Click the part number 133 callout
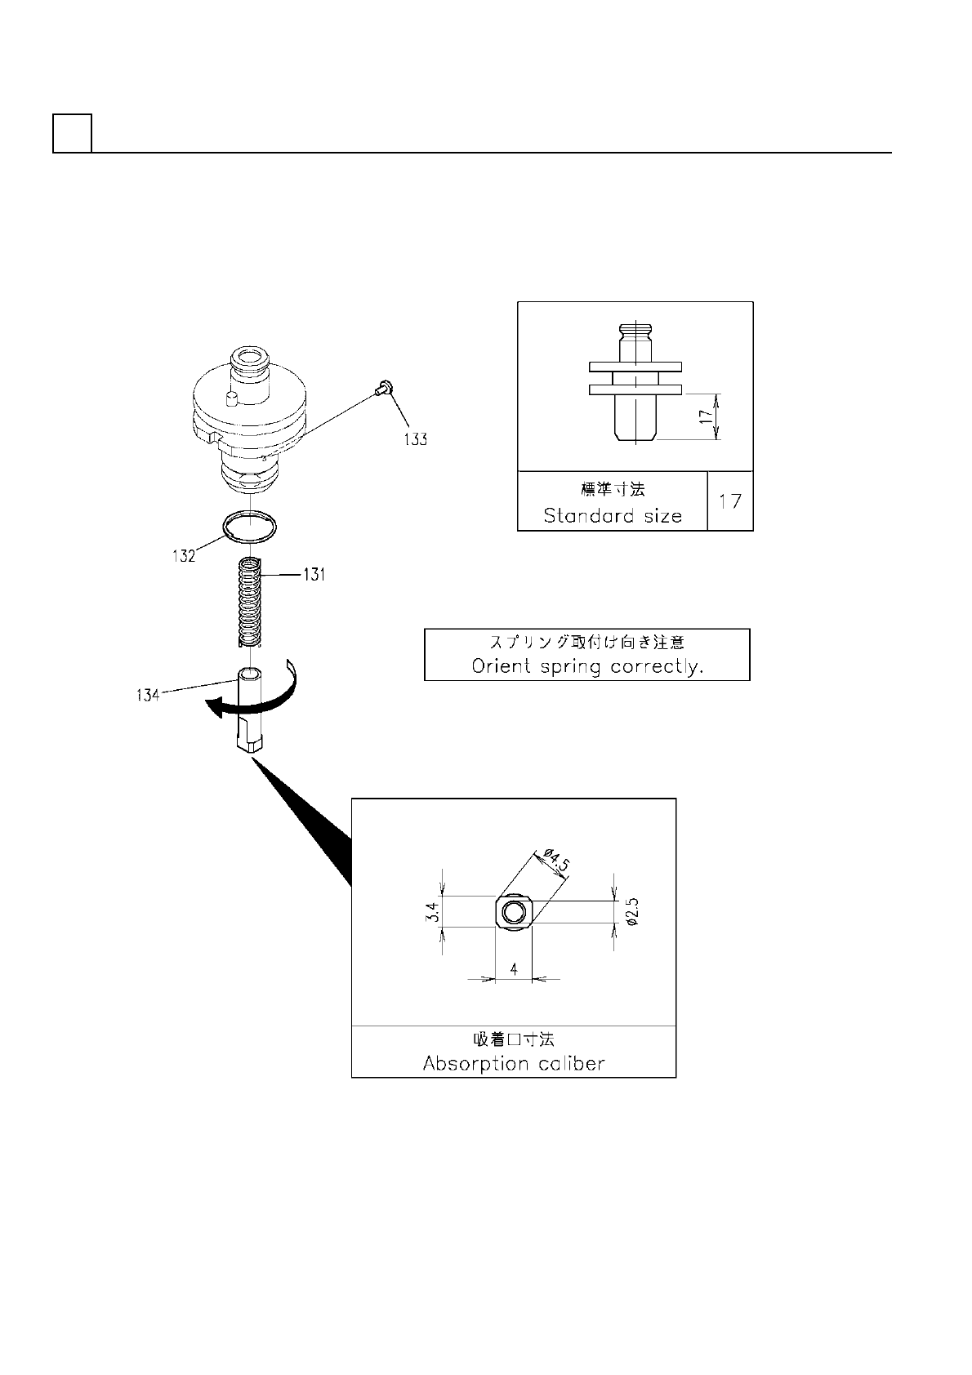pyautogui.click(x=415, y=438)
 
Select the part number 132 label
pyautogui.click(x=184, y=556)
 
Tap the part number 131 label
pyautogui.click(x=314, y=575)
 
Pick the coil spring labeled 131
pyautogui.click(x=249, y=603)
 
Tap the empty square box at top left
pyautogui.click(x=72, y=133)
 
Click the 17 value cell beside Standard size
pyautogui.click(x=729, y=501)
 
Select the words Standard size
pyautogui.click(x=613, y=516)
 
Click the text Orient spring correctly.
pyautogui.click(x=587, y=665)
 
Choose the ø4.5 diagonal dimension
pyautogui.click(x=555, y=863)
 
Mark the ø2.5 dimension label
pyautogui.click(x=631, y=912)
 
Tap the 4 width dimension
pyautogui.click(x=514, y=968)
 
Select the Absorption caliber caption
pyautogui.click(x=514, y=1063)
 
